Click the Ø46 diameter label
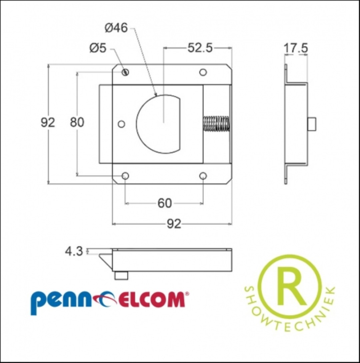pos(116,28)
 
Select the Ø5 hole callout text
pos(98,48)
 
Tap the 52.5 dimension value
pos(200,48)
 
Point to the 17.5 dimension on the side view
pos(296,48)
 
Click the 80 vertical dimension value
pos(77,122)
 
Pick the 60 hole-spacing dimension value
pos(165,203)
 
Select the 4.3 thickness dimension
pos(74,251)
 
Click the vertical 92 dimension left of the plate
pos(48,122)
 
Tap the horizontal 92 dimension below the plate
pos(174,224)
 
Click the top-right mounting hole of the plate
pos(203,72)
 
